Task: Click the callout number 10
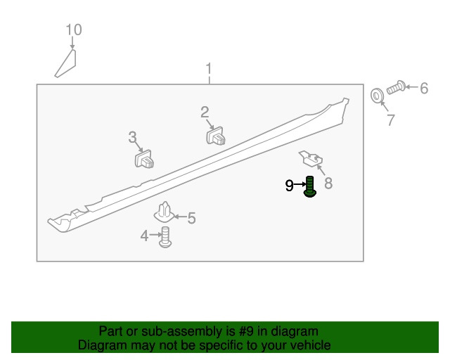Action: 74,30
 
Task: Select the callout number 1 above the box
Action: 209,69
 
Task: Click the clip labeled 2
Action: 216,136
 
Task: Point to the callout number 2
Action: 205,112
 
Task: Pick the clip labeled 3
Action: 144,159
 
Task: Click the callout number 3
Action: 132,137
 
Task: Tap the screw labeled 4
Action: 165,237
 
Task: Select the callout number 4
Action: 144,236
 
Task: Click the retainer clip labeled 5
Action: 164,213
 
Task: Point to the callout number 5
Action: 192,218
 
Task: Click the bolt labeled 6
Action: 396,88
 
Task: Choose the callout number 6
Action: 424,88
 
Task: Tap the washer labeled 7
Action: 377,96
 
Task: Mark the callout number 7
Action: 391,120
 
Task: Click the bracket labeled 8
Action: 311,159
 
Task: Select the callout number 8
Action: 328,183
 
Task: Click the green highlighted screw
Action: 310,186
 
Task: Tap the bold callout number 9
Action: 289,186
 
